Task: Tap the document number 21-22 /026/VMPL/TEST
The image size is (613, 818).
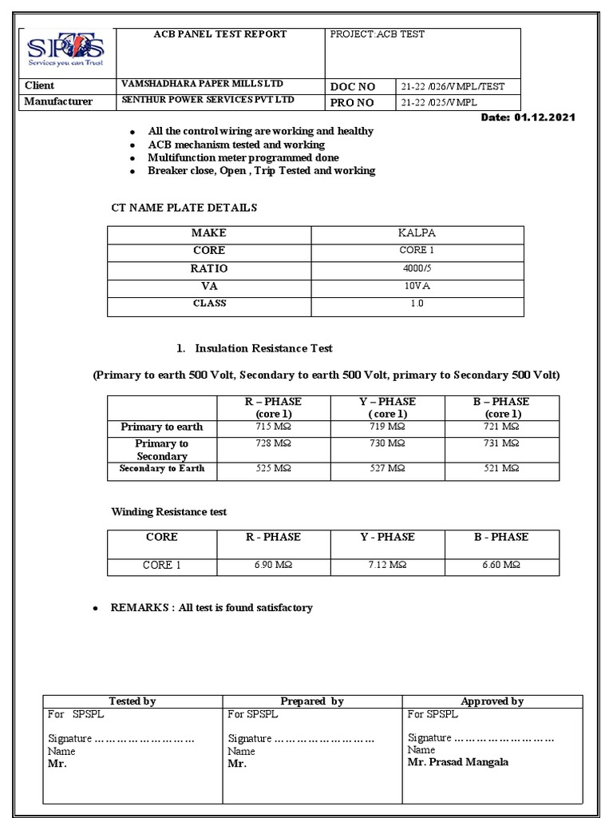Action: click(453, 86)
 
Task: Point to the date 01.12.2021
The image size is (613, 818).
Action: click(545, 117)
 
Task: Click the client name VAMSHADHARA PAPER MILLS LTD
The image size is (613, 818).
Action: click(201, 84)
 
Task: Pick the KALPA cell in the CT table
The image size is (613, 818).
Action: click(417, 232)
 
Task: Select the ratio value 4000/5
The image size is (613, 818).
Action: click(417, 268)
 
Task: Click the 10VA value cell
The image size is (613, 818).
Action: click(417, 286)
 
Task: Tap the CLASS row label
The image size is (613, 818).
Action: click(208, 304)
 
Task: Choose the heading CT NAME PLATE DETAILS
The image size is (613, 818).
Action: click(184, 208)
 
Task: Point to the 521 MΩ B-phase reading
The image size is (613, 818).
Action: click(502, 468)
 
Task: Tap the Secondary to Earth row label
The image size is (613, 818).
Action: click(162, 468)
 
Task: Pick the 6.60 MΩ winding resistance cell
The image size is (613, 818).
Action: click(502, 565)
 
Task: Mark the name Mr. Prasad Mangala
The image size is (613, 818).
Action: click(457, 762)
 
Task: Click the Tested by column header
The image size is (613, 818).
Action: click(132, 701)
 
